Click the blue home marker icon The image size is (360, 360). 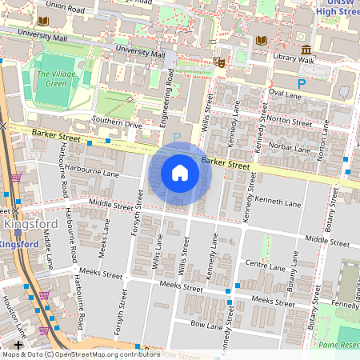180,172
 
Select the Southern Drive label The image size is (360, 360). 117,124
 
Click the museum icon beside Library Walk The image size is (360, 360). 306,50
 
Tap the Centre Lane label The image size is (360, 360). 266,264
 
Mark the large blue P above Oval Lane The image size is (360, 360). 302,83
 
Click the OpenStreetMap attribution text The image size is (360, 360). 81,354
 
